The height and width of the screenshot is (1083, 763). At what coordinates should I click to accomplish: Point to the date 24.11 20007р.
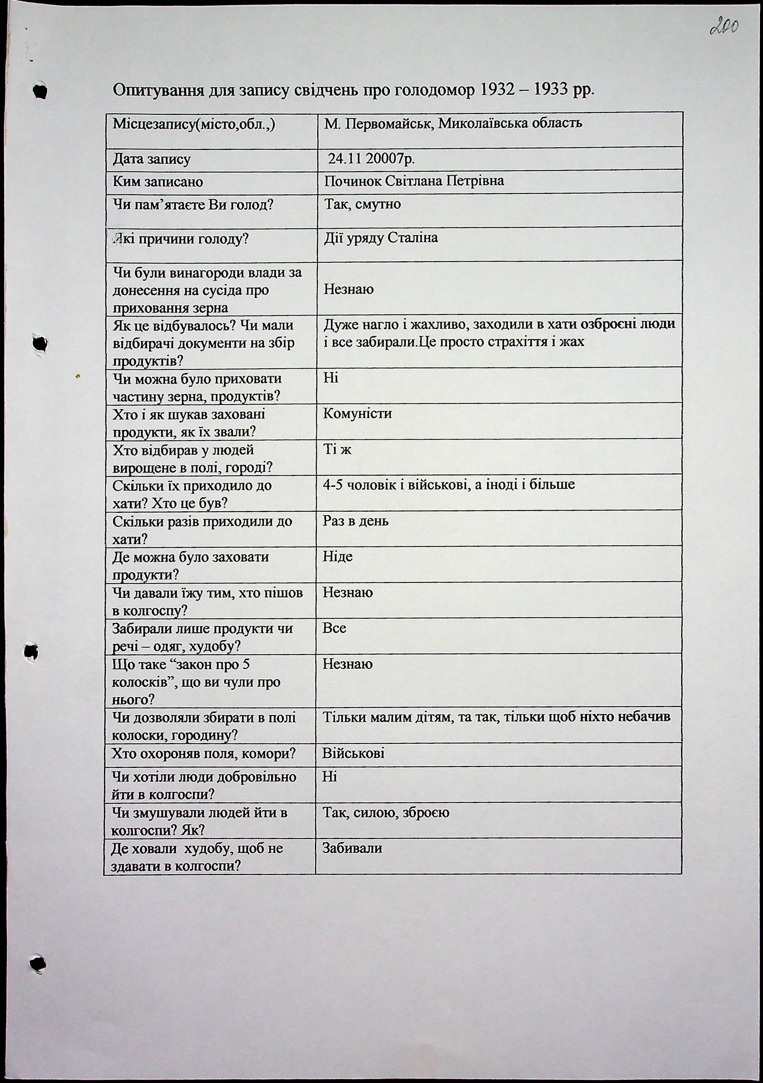pyautogui.click(x=371, y=159)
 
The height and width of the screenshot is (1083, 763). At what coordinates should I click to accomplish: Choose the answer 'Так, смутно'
pyautogui.click(x=362, y=204)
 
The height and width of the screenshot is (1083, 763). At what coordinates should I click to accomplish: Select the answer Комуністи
pyautogui.click(x=357, y=414)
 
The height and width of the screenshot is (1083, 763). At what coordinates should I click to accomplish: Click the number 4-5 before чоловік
pyautogui.click(x=333, y=485)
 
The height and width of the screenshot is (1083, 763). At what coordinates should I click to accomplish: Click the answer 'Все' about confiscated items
pyautogui.click(x=334, y=628)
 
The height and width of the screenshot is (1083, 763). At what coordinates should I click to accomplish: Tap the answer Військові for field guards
pyautogui.click(x=353, y=753)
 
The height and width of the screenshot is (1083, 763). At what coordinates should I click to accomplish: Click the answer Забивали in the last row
pyautogui.click(x=352, y=849)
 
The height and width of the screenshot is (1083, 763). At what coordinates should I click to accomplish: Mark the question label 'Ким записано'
pyautogui.click(x=158, y=182)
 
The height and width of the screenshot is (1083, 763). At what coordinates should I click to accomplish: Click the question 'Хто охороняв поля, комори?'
pyautogui.click(x=203, y=754)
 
